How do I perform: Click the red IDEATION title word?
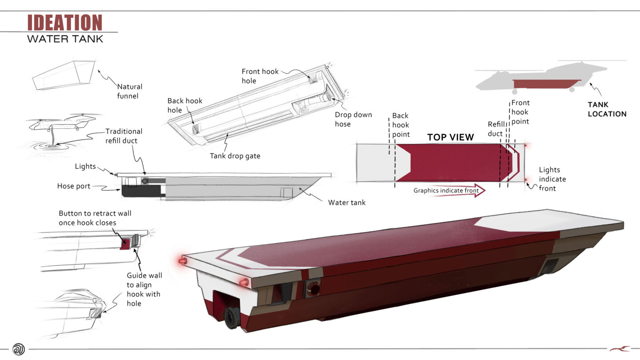pos(65,23)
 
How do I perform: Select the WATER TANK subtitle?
pos(65,39)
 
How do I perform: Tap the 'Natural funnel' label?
pos(130,91)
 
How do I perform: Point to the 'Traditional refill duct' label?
pos(124,136)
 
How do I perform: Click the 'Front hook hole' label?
pos(260,76)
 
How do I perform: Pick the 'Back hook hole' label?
pos(185,105)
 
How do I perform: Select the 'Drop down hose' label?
pos(353,119)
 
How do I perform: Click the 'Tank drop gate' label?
pos(235,156)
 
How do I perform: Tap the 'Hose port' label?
pos(74,186)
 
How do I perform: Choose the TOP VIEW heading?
pos(451,137)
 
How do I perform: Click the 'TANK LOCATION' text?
pos(607,109)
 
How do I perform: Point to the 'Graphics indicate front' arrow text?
pos(446,191)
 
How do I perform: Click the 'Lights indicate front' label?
pos(552,179)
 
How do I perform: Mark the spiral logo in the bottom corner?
pos(19,349)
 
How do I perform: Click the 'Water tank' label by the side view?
pos(347,203)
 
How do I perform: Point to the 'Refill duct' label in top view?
pos(496,129)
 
